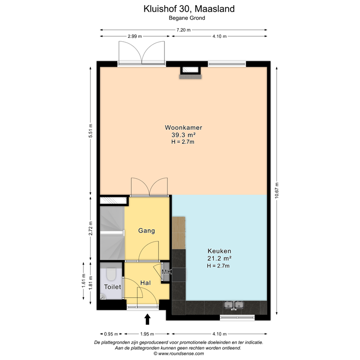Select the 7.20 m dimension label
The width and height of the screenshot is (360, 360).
(x=183, y=30)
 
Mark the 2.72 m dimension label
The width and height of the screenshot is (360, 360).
(x=91, y=228)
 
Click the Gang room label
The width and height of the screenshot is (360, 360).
(x=146, y=231)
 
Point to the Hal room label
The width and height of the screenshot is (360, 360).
(x=145, y=283)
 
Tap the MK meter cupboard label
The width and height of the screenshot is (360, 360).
(x=166, y=272)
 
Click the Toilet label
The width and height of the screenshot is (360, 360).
(x=112, y=287)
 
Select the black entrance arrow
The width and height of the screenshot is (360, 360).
(x=148, y=319)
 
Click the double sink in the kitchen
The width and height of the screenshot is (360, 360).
(x=233, y=306)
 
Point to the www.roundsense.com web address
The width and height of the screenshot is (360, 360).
(x=180, y=354)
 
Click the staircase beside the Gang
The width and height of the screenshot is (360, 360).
(x=112, y=232)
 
